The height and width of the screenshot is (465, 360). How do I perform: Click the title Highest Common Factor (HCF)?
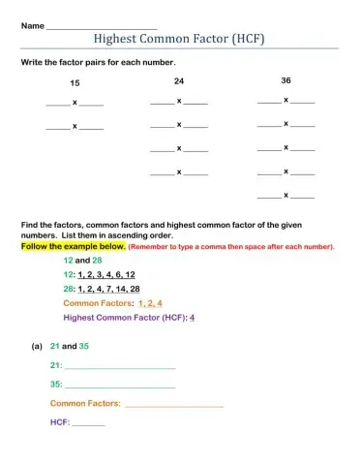179,39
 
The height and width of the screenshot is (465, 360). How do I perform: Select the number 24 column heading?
179,80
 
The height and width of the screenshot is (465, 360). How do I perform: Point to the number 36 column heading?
285,80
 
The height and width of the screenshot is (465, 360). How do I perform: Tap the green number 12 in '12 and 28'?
68,261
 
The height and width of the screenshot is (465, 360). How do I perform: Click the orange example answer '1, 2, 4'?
150,303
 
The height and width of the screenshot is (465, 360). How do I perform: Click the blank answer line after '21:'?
120,366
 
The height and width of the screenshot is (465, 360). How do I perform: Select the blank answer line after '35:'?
120,385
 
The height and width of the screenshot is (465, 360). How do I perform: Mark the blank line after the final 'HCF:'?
89,423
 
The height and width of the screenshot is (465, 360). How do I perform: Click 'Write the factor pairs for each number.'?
95,61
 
